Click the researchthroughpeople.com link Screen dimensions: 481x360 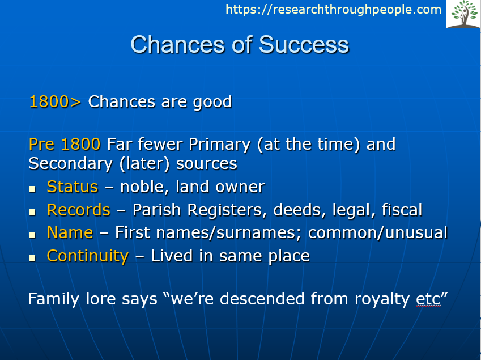point(334,10)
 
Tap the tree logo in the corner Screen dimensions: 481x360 point(463,14)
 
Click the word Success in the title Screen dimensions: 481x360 point(304,45)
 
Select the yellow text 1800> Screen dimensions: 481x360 point(55,101)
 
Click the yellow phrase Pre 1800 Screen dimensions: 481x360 point(65,144)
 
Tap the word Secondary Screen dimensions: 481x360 point(71,164)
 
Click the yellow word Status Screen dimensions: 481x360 point(73,187)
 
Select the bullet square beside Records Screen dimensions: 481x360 point(32,212)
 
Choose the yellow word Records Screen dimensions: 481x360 point(79,210)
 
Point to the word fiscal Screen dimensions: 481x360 point(402,210)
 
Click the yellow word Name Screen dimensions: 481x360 point(70,232)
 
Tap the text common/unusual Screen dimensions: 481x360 point(378,232)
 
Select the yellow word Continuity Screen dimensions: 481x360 point(88,256)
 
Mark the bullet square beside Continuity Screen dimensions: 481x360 point(32,258)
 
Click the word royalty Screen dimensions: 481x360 point(382,299)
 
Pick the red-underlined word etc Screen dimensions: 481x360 point(428,299)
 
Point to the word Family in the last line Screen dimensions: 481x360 point(54,299)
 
